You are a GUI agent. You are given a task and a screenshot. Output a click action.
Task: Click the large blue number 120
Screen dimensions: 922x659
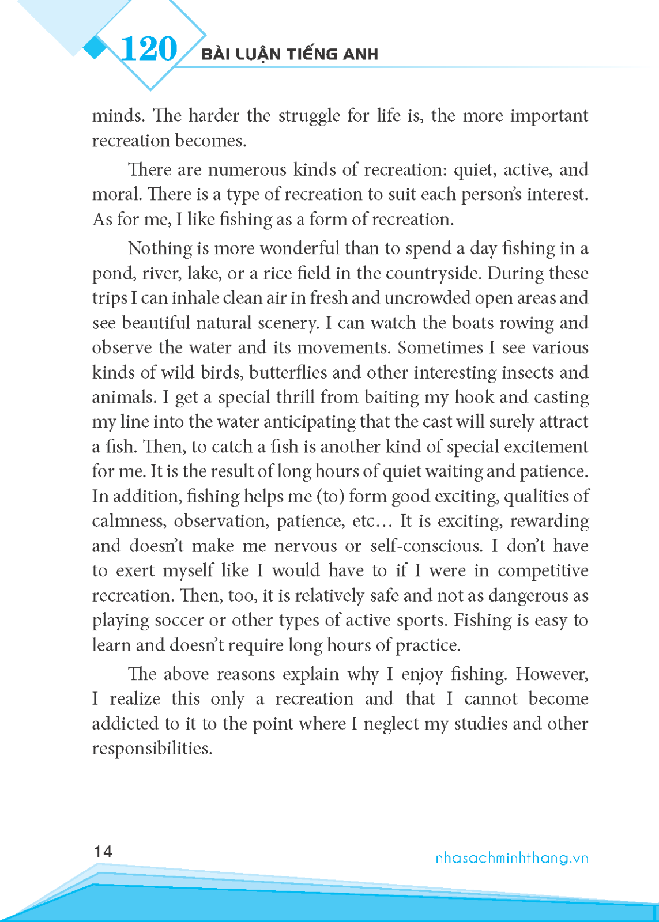(x=149, y=49)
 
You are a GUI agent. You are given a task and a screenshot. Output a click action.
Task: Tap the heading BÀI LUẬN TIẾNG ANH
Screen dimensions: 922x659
(x=290, y=55)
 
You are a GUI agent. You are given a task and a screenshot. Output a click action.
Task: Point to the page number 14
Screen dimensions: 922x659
(x=103, y=852)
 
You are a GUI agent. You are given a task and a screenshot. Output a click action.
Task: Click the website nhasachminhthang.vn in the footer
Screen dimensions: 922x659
(x=511, y=858)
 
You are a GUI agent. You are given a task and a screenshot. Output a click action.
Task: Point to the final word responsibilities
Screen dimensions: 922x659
(x=152, y=749)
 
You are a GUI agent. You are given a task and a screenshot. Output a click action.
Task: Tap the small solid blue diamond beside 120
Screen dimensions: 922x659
(x=96, y=48)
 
